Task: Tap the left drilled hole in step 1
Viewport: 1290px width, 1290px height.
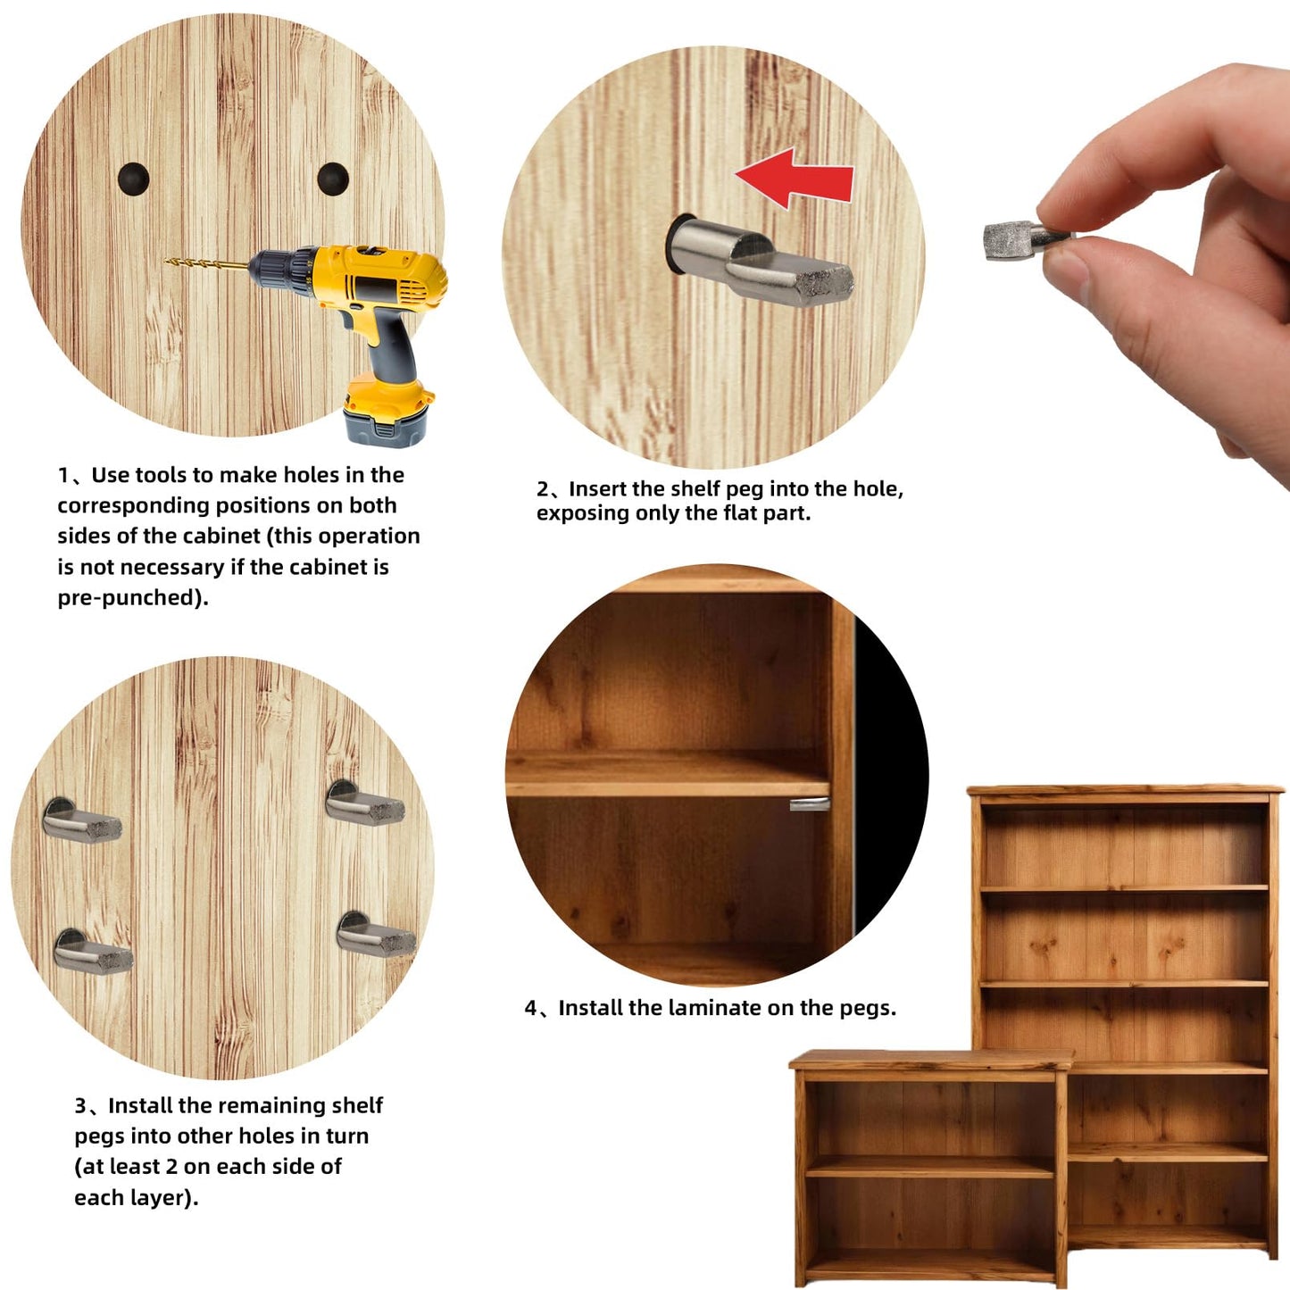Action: click(x=133, y=179)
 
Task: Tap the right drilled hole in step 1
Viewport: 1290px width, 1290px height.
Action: click(x=333, y=179)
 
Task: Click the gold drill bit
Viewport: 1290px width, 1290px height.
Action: click(x=206, y=265)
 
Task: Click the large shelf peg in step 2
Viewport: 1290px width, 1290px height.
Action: click(x=760, y=261)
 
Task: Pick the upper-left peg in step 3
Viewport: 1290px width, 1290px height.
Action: click(x=81, y=820)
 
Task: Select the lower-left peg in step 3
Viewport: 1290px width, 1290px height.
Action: click(x=93, y=952)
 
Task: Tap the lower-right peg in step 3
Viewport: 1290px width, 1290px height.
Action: click(x=376, y=934)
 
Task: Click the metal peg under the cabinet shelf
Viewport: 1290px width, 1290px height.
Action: click(x=810, y=804)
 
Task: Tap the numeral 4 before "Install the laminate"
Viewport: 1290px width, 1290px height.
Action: click(x=531, y=1008)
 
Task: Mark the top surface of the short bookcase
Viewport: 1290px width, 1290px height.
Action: click(x=931, y=1060)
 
